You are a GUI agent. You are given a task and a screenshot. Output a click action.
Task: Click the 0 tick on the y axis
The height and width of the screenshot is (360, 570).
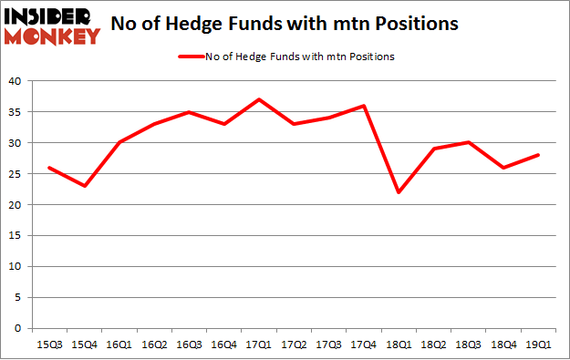click(17, 328)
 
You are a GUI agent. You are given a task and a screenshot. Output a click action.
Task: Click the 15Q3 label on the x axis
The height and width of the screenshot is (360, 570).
click(49, 344)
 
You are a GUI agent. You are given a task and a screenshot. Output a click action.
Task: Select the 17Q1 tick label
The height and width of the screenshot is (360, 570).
click(259, 344)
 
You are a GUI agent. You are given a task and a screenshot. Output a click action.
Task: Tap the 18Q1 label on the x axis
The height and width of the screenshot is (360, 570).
click(399, 344)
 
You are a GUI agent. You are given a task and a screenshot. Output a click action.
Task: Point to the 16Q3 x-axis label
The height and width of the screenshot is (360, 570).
click(189, 344)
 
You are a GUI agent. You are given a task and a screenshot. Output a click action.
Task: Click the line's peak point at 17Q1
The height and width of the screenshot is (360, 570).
click(259, 99)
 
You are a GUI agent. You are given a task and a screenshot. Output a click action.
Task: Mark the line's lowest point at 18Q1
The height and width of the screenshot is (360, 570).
click(399, 192)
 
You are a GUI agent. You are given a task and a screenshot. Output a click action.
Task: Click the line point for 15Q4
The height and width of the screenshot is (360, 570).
click(84, 186)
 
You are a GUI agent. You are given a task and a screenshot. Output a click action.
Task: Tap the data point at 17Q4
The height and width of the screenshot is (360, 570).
click(364, 106)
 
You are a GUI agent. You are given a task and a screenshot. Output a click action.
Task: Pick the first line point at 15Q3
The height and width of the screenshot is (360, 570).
click(49, 168)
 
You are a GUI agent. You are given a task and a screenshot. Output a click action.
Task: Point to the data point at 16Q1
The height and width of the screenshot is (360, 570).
click(119, 143)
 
